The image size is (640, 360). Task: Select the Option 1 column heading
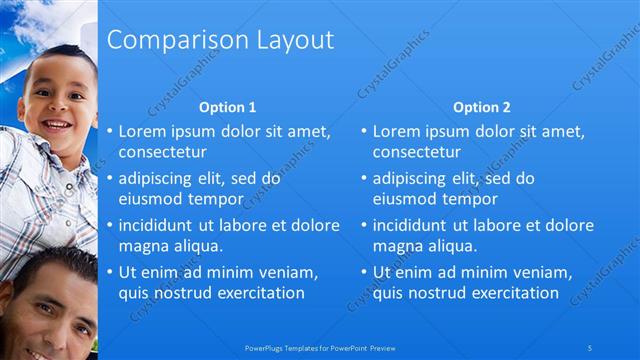coord(227,107)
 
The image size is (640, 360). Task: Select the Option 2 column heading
coord(481,107)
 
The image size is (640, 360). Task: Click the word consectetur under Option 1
coord(163,153)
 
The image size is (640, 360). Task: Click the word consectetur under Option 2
coord(417,153)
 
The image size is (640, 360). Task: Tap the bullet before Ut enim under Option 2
coord(364,271)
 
